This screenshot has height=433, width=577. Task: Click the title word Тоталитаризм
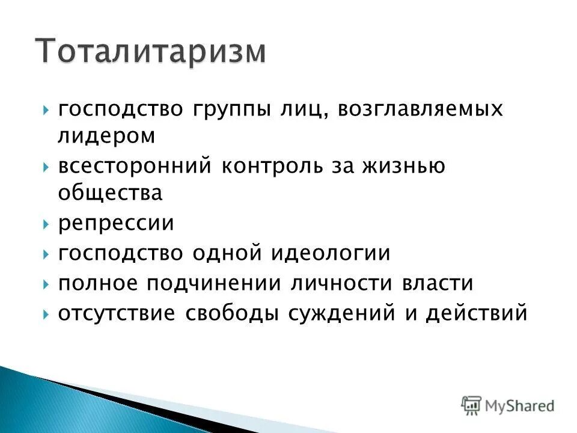pos(150,51)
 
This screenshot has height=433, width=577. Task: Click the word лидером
pos(106,137)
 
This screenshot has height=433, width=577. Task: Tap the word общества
pos(110,193)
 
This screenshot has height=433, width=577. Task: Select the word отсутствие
pos(117,313)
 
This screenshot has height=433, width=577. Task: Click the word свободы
pos(232,313)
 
